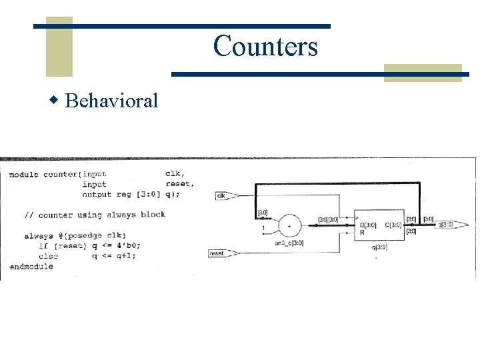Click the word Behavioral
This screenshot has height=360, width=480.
click(x=113, y=101)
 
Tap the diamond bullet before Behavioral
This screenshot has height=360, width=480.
click(x=55, y=101)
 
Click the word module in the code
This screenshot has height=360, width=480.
click(x=24, y=175)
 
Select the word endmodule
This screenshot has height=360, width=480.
click(x=31, y=266)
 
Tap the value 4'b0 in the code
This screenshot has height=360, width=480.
click(x=126, y=246)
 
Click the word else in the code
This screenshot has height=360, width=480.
click(x=49, y=256)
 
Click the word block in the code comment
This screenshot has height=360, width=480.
click(x=153, y=215)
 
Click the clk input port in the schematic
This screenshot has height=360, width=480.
click(x=222, y=195)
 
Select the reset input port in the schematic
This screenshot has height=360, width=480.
click(x=217, y=253)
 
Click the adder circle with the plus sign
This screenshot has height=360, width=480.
click(x=289, y=226)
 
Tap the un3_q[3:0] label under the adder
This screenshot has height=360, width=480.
click(x=289, y=243)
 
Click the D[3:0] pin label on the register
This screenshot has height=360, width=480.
click(x=368, y=225)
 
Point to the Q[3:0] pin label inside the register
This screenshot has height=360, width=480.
click(x=393, y=225)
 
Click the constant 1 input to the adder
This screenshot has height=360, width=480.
click(x=264, y=229)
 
